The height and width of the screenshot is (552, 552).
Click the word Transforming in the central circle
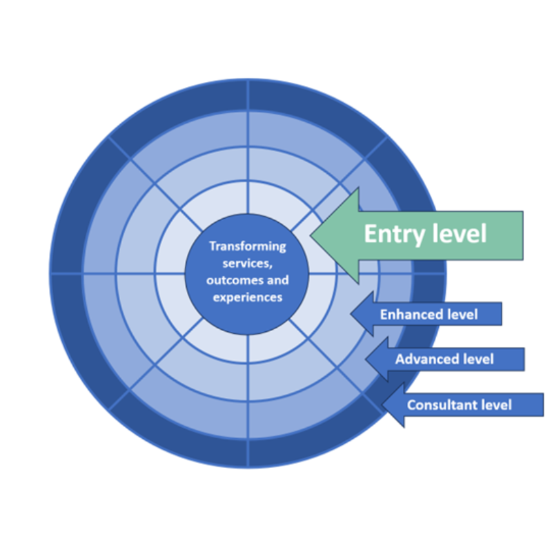pos(247,246)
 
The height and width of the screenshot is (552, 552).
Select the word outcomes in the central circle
pos(232,281)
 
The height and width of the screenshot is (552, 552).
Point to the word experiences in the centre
pos(247,297)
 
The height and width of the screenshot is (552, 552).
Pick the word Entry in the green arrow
pos(393,235)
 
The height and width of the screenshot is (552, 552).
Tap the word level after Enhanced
pos(463,315)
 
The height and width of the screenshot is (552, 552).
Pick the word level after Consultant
pos(496,405)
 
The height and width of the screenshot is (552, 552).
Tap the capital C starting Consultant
pos(411,405)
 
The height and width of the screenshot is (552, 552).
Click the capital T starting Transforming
pos(213,246)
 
